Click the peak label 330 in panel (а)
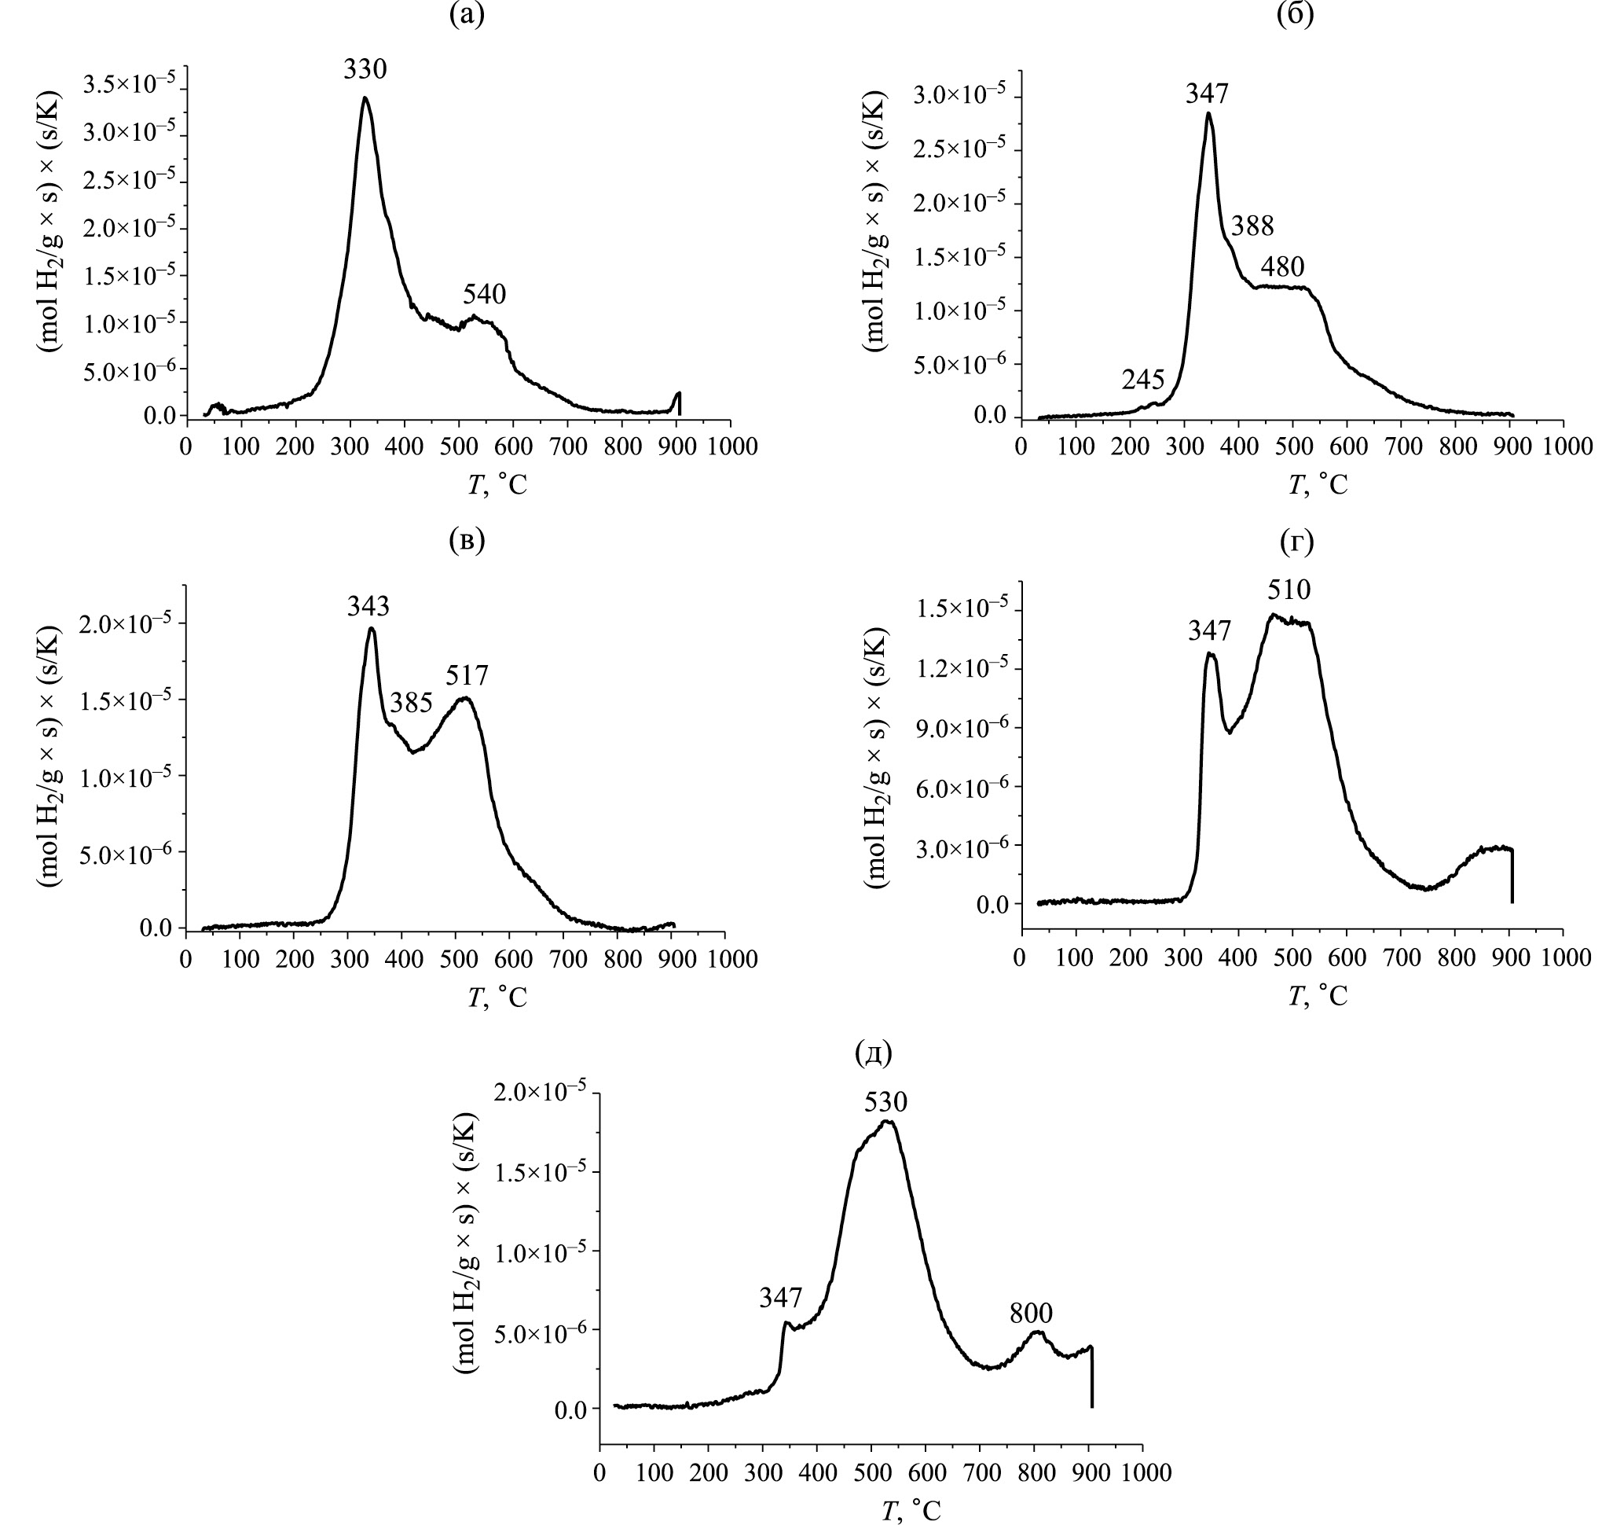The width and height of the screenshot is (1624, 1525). pos(365,70)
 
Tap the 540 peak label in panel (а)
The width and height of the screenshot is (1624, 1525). pos(485,295)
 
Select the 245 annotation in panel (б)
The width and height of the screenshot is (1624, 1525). pos(1143,379)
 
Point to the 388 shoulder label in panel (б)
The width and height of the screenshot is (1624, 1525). pos(1252,226)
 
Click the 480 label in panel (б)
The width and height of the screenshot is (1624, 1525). pos(1282,266)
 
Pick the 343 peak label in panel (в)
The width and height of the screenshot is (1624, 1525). pos(368,605)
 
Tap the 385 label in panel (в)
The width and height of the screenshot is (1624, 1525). pos(411,703)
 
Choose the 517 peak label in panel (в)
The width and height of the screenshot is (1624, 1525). pos(467,675)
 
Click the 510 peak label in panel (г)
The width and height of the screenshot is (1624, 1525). pos(1289,590)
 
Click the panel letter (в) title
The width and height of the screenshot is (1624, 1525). pos(467,541)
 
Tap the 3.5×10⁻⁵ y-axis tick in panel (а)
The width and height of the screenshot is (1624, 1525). pos(130,84)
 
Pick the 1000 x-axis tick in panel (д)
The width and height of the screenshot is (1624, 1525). pos(1143,1472)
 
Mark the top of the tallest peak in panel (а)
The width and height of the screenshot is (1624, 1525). pos(365,98)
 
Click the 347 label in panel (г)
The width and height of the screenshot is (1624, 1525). pos(1210,630)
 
